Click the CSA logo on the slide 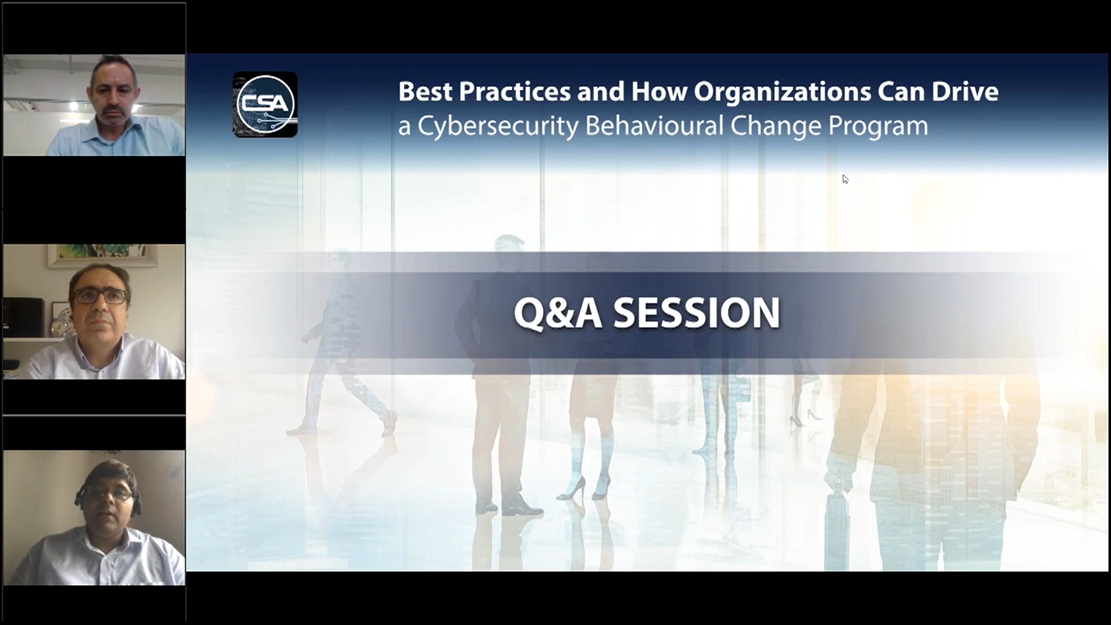click(x=265, y=105)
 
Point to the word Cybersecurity click(x=498, y=127)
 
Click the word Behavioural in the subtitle click(x=654, y=126)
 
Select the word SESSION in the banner click(x=697, y=313)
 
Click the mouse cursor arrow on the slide click(x=845, y=179)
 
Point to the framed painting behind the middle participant click(x=102, y=255)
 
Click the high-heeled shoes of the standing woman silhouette click(x=584, y=489)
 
